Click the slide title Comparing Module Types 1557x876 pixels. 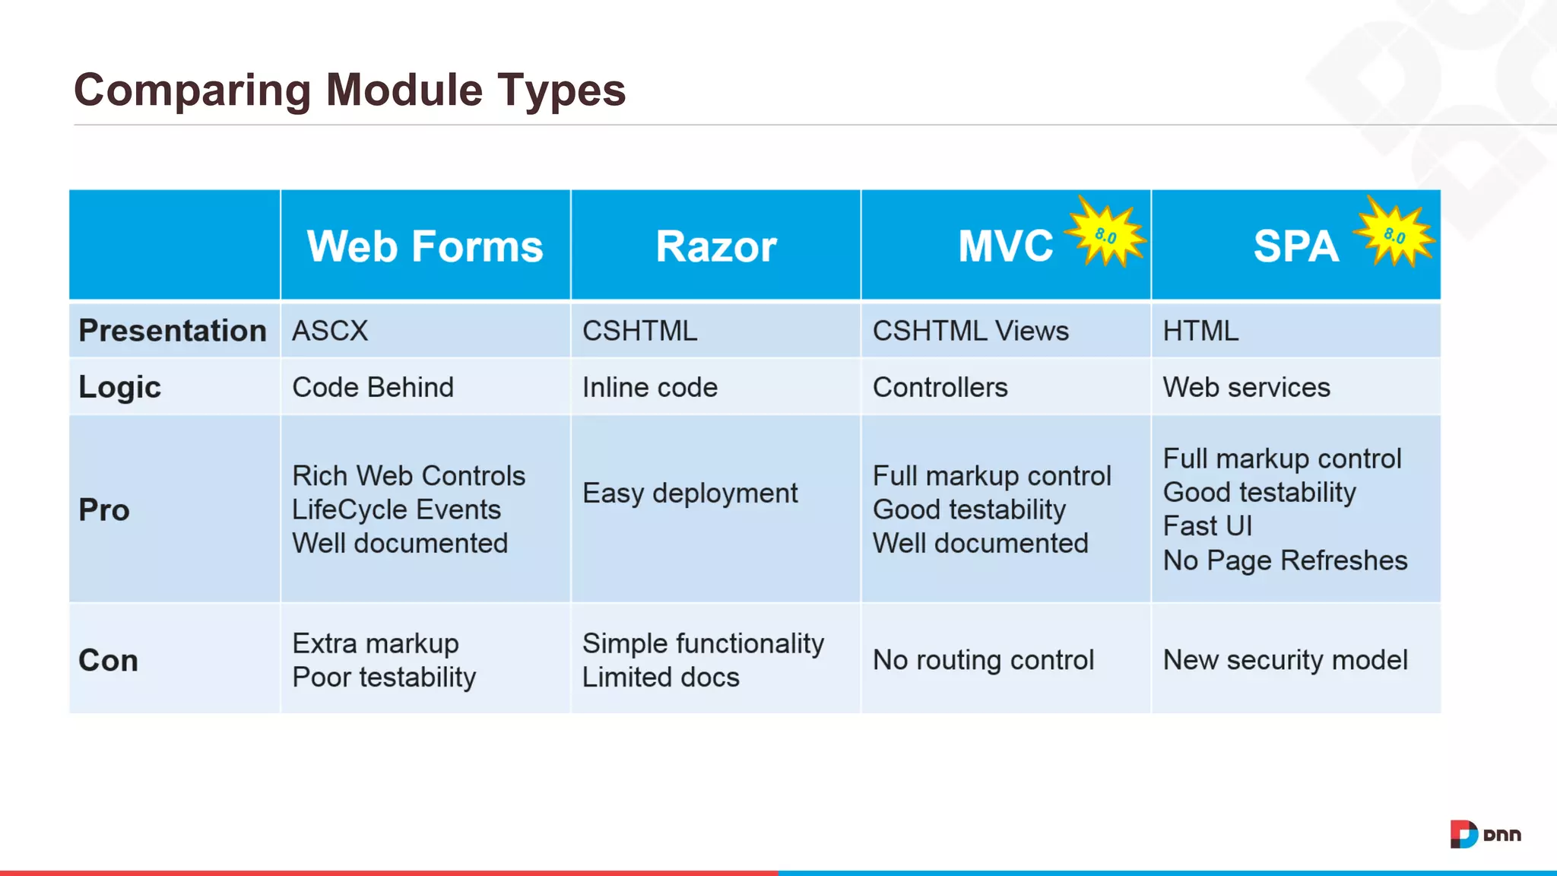349,90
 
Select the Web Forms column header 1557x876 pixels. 425,246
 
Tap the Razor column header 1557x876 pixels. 715,246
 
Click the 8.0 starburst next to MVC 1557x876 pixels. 1105,234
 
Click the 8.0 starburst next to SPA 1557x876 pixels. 1394,234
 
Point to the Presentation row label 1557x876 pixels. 173,331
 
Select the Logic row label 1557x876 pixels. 119,387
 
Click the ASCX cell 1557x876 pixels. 330,331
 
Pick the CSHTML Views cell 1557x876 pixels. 970,331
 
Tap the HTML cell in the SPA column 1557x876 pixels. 1200,331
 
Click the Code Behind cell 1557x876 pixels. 373,387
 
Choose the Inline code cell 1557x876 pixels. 649,387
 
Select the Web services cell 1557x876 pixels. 1246,387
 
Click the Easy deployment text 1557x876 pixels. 690,493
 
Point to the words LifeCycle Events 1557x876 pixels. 396,509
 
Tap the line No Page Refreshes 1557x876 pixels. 1285,560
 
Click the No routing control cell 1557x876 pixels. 983,659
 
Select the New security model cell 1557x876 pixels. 1285,659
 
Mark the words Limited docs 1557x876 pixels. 660,677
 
